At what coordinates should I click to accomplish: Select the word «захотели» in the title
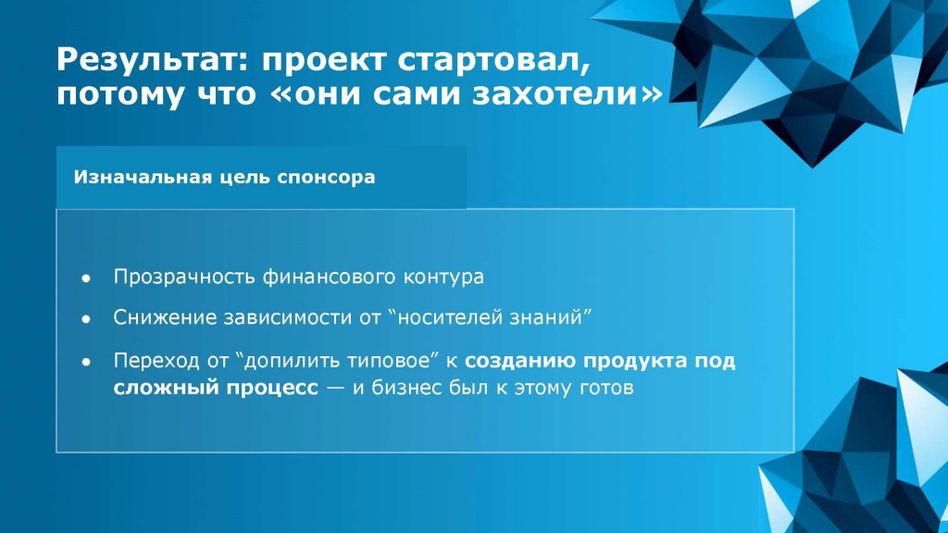tap(555, 93)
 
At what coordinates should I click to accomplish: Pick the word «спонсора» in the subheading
tap(326, 178)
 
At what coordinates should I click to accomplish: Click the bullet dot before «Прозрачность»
tap(86, 278)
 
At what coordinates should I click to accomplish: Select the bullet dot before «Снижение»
tap(86, 318)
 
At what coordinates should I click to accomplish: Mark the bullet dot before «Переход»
tap(86, 362)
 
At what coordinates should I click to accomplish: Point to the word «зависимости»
tap(292, 317)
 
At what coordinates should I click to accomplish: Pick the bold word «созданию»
tap(520, 361)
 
